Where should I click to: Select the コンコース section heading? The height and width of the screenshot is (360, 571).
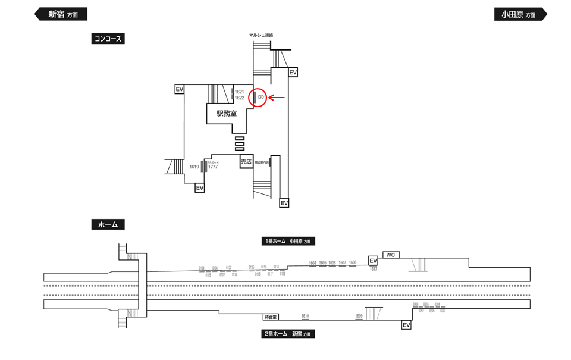click(108, 39)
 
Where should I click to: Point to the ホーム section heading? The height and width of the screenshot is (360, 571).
click(108, 225)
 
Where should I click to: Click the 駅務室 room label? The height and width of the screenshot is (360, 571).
click(227, 113)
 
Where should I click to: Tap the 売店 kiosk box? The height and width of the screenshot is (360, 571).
click(246, 161)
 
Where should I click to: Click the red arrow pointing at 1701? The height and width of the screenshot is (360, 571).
click(278, 98)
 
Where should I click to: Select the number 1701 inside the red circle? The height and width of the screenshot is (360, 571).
click(261, 98)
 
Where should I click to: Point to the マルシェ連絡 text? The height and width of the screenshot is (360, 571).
click(261, 35)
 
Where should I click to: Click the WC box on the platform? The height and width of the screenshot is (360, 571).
click(391, 255)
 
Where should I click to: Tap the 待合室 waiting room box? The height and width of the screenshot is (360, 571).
click(271, 317)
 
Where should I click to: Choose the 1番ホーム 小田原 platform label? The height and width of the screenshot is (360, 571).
click(288, 242)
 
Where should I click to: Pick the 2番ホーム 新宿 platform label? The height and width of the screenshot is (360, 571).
click(288, 334)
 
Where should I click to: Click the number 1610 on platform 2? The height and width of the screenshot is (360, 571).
click(305, 316)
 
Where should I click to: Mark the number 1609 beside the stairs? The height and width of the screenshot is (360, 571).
click(359, 316)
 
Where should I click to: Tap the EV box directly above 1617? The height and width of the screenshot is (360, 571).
click(373, 261)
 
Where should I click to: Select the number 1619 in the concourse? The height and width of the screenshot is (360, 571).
click(194, 167)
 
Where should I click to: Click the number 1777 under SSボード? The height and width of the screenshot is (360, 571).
click(213, 168)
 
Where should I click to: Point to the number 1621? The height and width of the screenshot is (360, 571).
click(240, 92)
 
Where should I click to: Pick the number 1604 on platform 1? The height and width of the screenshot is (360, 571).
click(313, 262)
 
